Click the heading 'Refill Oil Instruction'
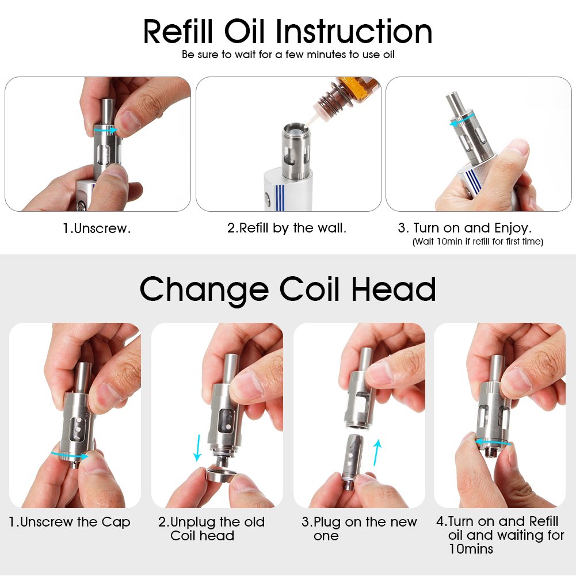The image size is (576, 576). (x=288, y=32)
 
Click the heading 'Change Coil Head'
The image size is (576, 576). (x=288, y=290)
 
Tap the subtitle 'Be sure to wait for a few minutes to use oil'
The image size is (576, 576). (x=288, y=55)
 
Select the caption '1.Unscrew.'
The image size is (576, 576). (x=97, y=228)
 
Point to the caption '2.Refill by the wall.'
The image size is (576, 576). (x=287, y=228)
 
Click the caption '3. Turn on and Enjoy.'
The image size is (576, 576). (x=465, y=228)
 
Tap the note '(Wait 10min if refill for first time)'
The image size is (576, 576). (x=478, y=242)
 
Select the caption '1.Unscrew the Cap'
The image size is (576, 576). (x=70, y=522)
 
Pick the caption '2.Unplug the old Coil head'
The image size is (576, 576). (x=211, y=529)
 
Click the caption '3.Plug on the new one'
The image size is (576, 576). (x=359, y=529)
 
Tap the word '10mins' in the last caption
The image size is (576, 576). (x=471, y=549)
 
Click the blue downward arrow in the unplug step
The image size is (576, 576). (x=197, y=448)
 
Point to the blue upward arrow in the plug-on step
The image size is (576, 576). (x=377, y=452)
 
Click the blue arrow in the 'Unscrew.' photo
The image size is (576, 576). (x=106, y=130)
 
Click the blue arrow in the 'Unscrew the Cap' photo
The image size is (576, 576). (x=70, y=456)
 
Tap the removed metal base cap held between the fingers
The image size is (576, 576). (x=220, y=473)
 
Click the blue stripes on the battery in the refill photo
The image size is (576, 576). (x=279, y=198)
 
